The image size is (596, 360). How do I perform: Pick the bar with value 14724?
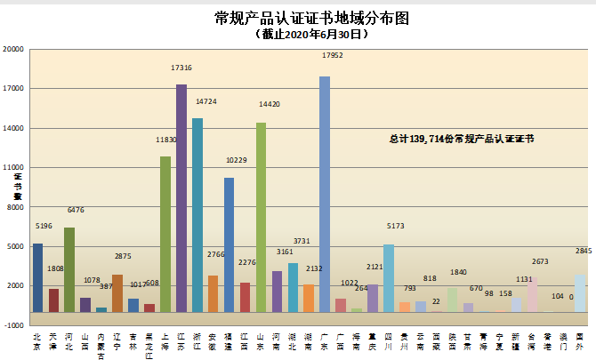click(x=197, y=214)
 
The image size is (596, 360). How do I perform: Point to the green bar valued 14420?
click(x=261, y=217)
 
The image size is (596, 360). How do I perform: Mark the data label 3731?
click(x=302, y=241)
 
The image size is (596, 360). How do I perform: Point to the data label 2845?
click(x=584, y=252)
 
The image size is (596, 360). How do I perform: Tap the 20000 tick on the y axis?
click(x=13, y=50)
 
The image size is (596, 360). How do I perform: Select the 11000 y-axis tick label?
click(x=13, y=167)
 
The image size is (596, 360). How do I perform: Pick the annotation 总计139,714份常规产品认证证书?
click(x=462, y=139)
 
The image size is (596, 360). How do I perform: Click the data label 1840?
click(x=458, y=272)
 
